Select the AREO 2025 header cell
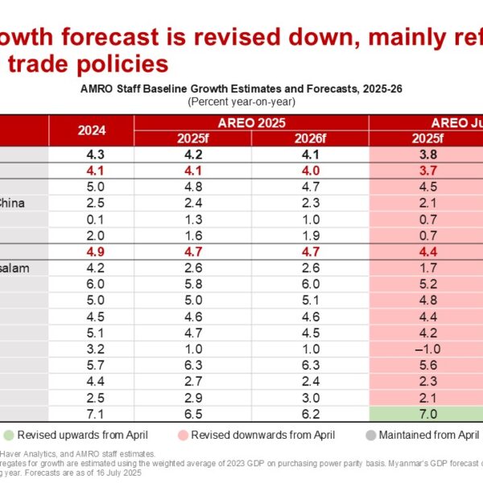point(251,122)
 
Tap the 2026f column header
point(310,138)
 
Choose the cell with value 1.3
point(192,219)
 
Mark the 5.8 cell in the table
point(192,283)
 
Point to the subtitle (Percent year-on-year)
point(241,101)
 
